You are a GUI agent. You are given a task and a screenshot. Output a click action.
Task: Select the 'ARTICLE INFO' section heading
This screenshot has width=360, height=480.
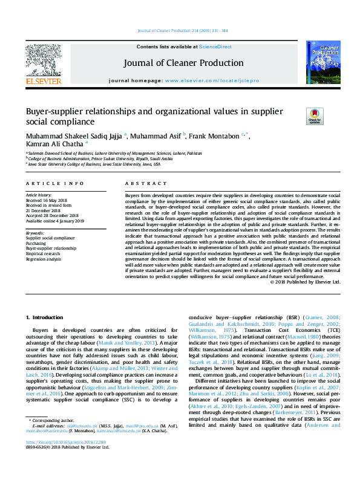[x=54, y=183]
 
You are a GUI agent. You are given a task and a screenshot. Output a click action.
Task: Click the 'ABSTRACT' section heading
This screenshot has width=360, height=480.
[x=141, y=183]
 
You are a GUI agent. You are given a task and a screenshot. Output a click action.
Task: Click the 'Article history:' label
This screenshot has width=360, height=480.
[x=39, y=196]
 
